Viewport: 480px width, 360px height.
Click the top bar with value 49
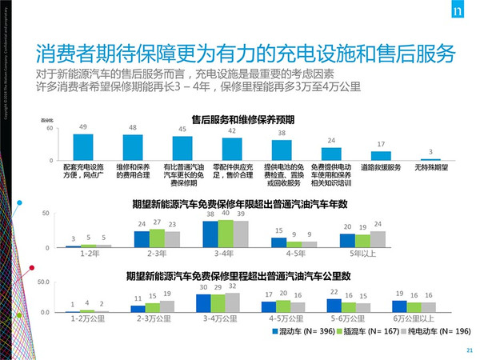[83, 146]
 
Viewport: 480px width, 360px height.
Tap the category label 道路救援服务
[381, 168]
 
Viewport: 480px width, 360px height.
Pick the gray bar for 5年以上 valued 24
[378, 239]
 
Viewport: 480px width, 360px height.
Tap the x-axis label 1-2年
[90, 254]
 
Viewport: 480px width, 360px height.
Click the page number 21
[466, 350]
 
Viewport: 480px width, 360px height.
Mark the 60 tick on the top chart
[49, 129]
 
